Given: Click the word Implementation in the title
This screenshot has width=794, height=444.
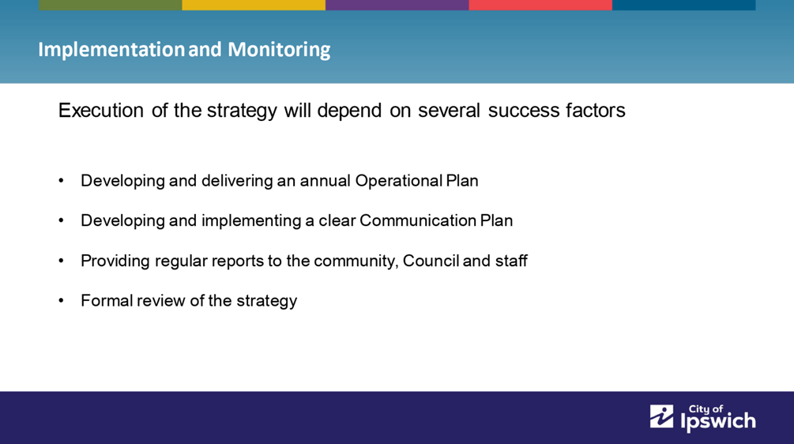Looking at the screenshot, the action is (x=111, y=50).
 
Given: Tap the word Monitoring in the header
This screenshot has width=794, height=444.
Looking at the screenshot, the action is (x=279, y=50).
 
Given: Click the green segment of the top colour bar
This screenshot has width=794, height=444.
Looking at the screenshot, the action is (x=111, y=5).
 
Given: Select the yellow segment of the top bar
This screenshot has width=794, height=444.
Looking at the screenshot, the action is (x=254, y=5).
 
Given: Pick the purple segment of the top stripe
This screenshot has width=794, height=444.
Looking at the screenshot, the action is (x=397, y=5).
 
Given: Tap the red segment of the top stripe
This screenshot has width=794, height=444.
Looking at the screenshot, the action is (x=540, y=5).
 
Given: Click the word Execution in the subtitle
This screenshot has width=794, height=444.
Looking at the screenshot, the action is (x=101, y=111).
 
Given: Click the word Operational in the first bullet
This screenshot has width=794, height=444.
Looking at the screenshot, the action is (x=398, y=181).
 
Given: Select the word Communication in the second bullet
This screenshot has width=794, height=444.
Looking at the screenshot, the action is (x=418, y=220).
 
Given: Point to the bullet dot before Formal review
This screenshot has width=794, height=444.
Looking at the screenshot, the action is (x=62, y=301).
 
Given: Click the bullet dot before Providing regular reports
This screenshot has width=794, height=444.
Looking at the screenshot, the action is (x=62, y=262).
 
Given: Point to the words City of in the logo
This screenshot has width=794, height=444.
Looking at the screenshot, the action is (x=706, y=409).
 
